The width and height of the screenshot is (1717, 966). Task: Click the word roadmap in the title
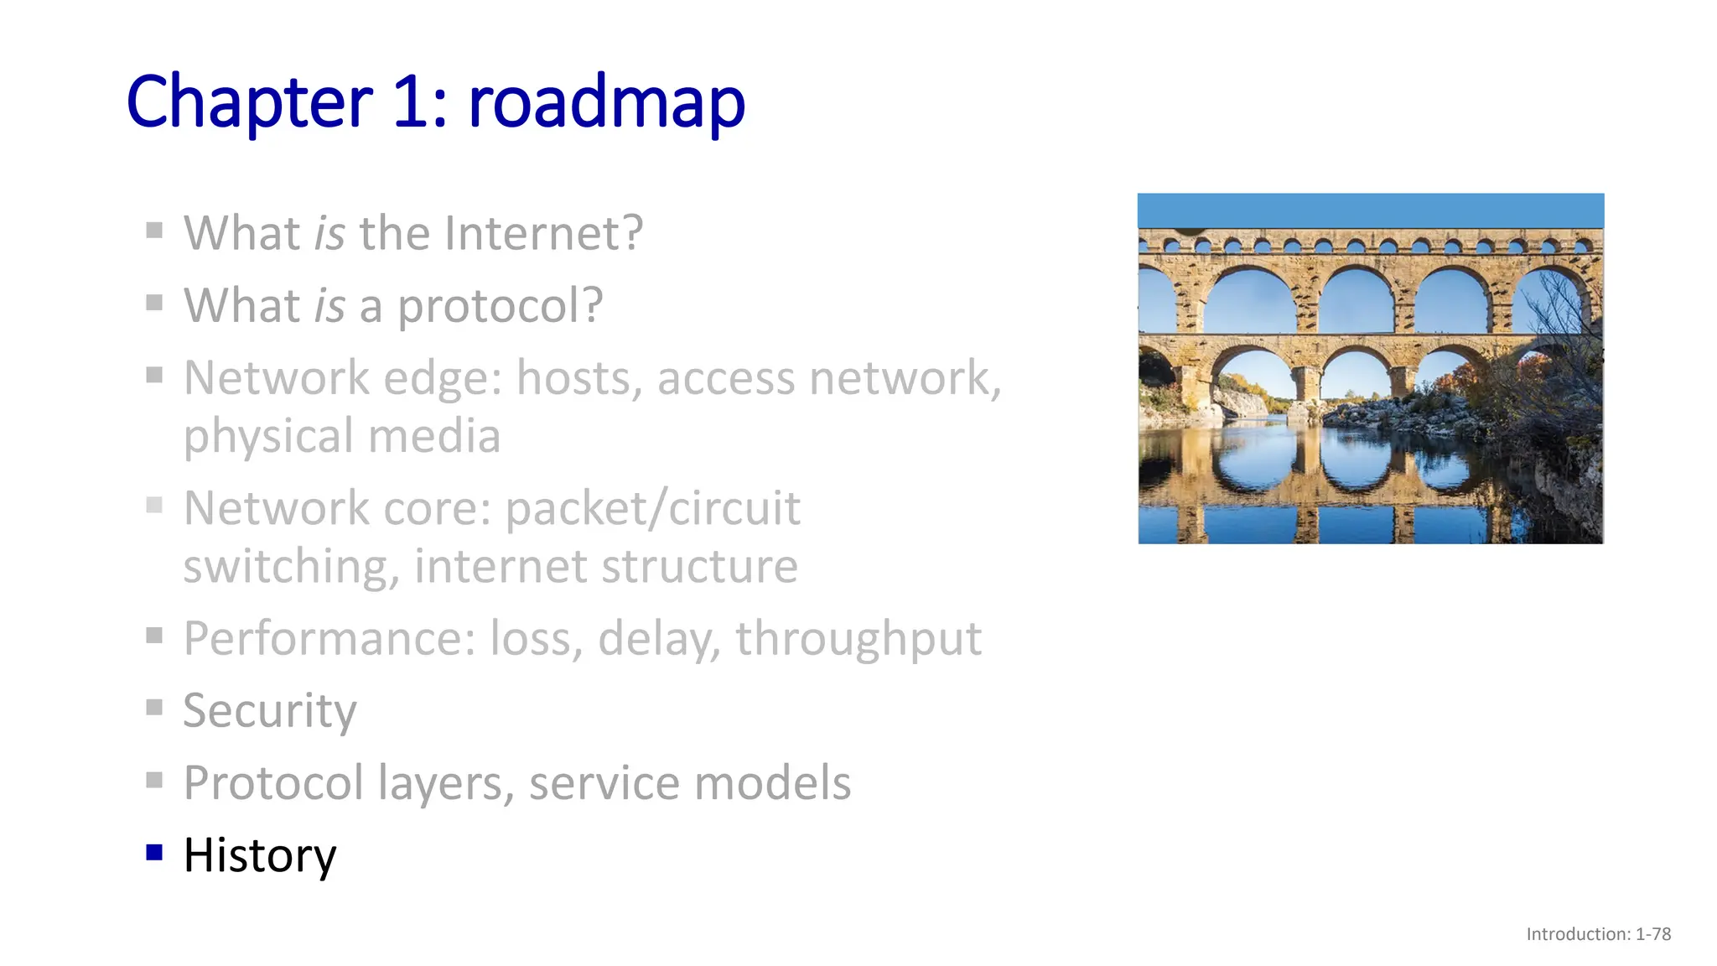click(606, 102)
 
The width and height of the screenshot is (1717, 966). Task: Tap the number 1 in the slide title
click(411, 102)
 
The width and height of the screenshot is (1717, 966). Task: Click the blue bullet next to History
click(154, 853)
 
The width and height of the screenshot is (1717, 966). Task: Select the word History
click(260, 855)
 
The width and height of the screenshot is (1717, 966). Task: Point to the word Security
click(270, 711)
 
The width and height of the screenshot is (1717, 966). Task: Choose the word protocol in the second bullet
click(500, 305)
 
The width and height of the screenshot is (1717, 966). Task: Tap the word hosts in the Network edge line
click(579, 377)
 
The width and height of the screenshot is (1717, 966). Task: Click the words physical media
click(342, 436)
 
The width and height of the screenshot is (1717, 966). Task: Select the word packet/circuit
click(653, 508)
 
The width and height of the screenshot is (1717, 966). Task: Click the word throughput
click(858, 639)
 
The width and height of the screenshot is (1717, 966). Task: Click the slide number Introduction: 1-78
click(1598, 934)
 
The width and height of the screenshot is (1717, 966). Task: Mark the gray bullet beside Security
click(154, 708)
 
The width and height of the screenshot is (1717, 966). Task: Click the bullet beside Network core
click(154, 505)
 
